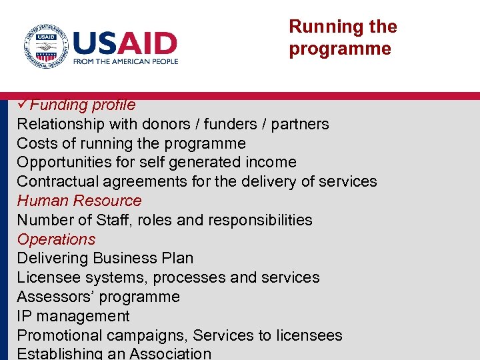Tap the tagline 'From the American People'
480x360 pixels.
pos(125,61)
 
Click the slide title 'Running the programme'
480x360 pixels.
pos(343,37)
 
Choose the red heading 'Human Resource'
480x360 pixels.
pos(79,201)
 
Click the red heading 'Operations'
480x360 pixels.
pos(56,239)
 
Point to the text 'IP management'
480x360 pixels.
pos(73,316)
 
